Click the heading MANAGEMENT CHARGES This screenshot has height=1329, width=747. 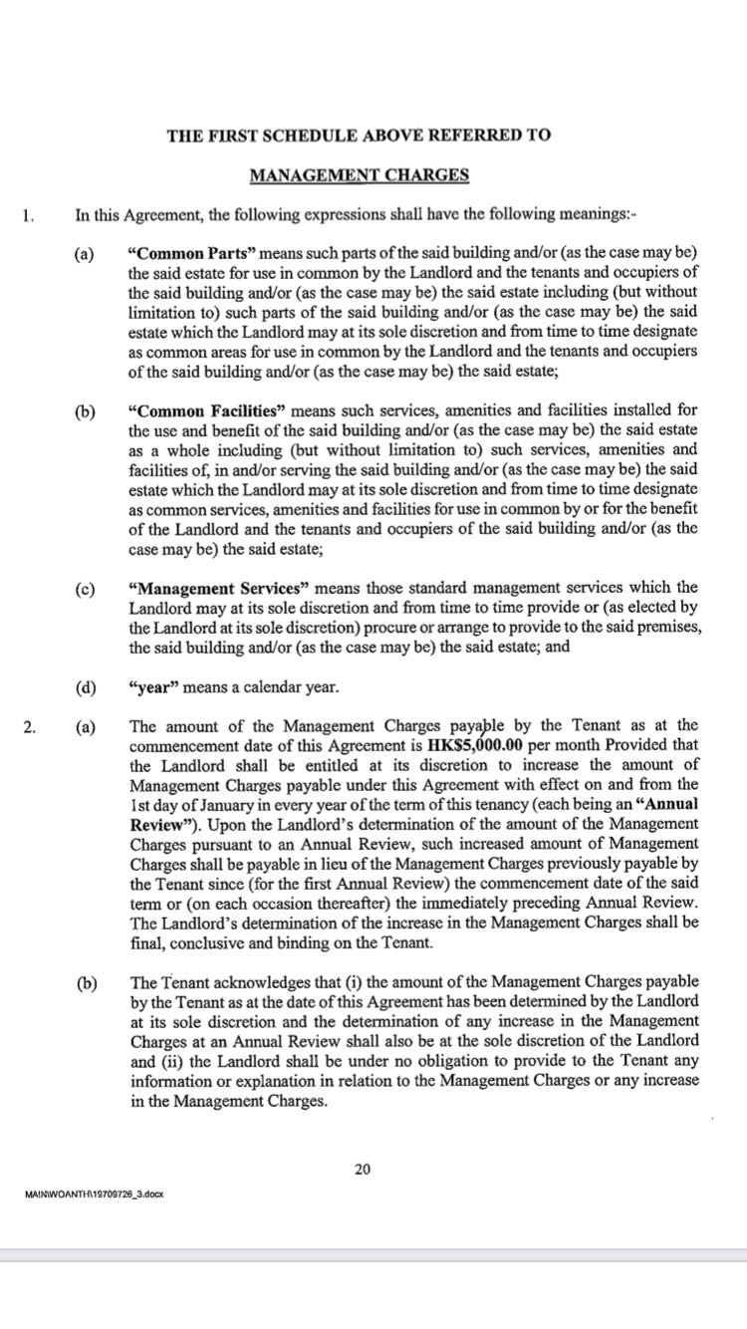point(359,176)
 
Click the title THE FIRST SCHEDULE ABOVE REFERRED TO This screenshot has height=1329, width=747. point(359,134)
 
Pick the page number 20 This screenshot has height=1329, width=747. point(363,1169)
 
